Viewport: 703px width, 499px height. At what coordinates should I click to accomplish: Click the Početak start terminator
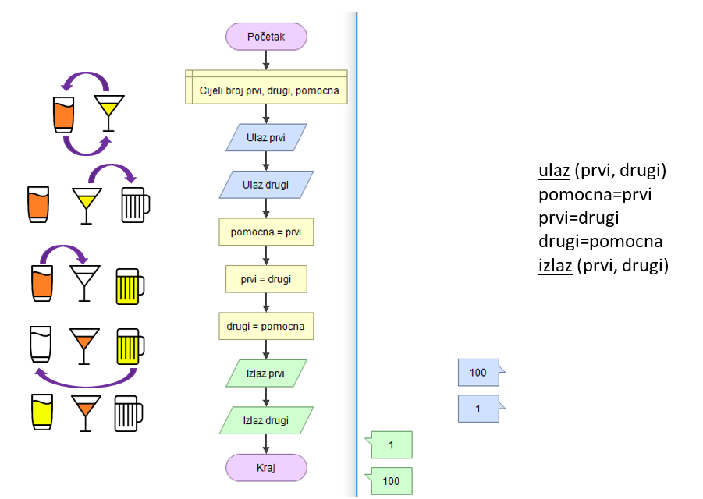coord(266,37)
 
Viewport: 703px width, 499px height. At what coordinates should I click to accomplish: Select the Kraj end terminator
coord(266,468)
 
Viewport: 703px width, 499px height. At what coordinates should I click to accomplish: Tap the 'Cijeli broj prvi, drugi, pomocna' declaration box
coord(266,90)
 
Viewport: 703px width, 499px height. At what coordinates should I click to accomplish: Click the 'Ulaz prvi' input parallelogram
coord(266,138)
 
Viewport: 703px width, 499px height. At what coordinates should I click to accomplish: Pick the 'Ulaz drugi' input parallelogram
coord(266,185)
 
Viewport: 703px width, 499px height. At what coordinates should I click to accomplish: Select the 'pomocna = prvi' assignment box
coord(266,232)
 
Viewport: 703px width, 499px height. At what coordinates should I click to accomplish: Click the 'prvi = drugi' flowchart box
coord(266,279)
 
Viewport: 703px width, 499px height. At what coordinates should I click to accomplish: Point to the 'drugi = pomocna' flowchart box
coord(266,326)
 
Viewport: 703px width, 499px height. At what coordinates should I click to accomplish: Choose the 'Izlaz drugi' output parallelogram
coord(266,420)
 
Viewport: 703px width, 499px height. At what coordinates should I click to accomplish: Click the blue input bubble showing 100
coord(479,373)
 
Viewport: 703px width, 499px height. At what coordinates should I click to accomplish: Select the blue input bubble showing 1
coord(479,408)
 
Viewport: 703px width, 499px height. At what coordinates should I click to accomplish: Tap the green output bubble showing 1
coord(392,445)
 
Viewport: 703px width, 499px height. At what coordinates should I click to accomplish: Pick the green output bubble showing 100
coord(392,481)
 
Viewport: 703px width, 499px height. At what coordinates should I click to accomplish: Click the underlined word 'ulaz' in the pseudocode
coord(554,171)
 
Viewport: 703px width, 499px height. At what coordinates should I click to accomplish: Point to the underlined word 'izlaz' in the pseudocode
coord(556,265)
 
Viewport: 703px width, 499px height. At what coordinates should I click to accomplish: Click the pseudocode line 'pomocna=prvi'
coord(595,194)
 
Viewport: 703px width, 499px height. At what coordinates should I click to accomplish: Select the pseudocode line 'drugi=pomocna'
coord(600,242)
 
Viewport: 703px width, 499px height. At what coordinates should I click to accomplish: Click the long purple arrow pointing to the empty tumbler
coord(86,380)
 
